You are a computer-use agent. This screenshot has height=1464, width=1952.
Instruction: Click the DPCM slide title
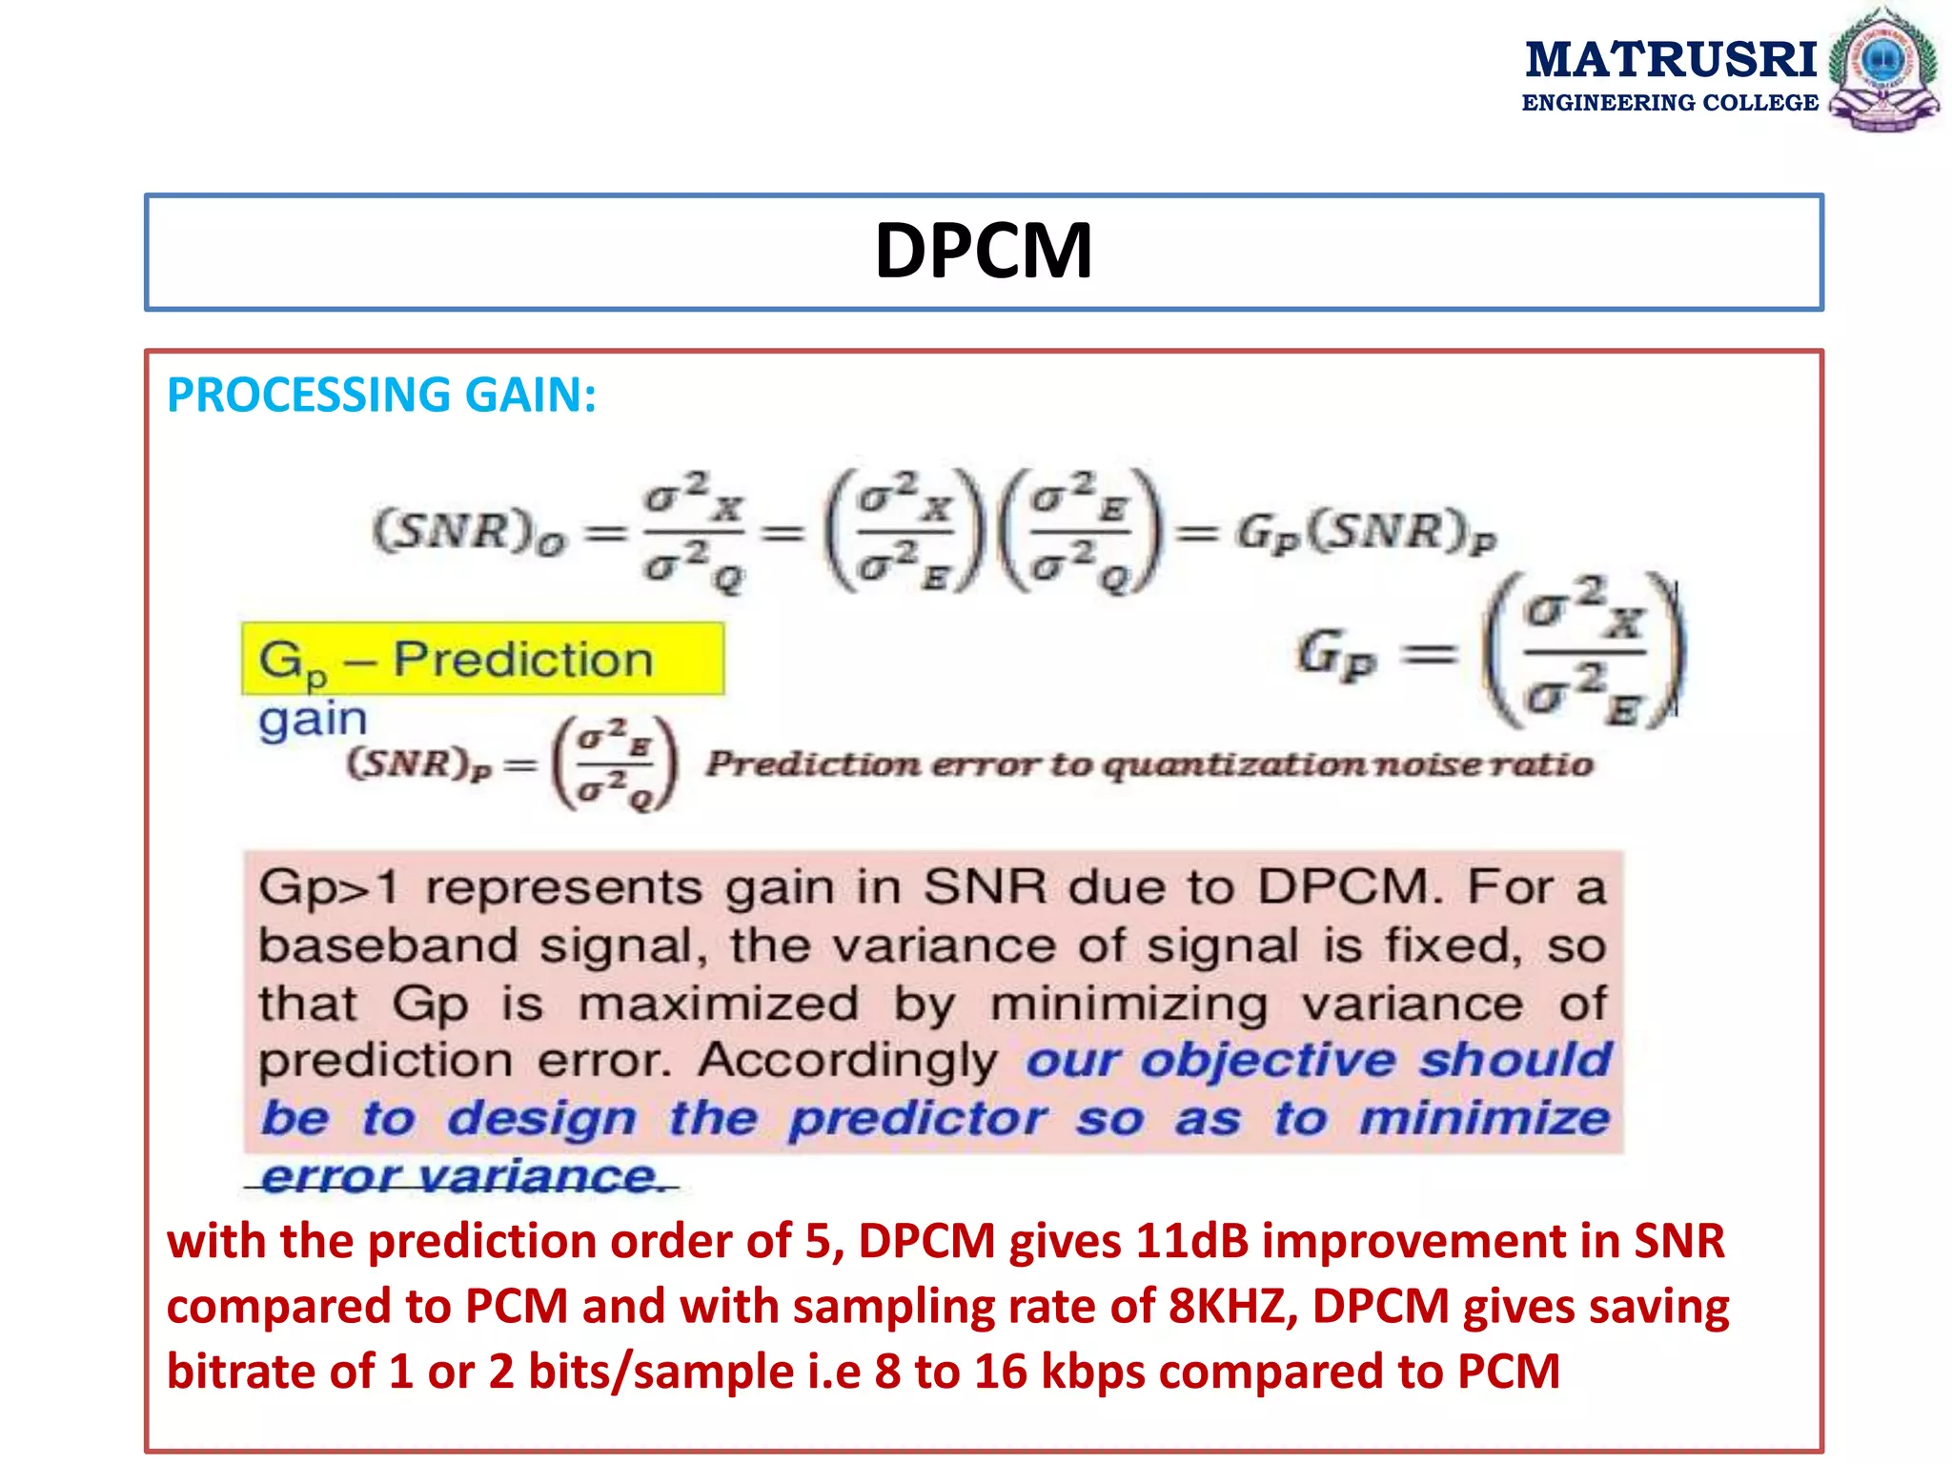click(x=984, y=252)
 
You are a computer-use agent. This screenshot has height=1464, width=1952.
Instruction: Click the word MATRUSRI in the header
click(x=1671, y=59)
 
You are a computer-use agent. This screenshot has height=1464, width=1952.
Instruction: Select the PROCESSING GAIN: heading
click(x=381, y=395)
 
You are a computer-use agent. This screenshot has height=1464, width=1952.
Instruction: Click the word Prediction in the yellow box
click(x=523, y=660)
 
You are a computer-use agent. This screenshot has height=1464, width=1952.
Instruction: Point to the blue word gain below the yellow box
click(x=313, y=719)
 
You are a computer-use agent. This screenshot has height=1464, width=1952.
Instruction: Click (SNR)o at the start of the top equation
click(x=469, y=532)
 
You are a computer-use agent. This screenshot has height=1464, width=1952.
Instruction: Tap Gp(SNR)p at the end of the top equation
click(x=1367, y=532)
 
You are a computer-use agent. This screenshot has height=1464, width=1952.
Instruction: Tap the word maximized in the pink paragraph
click(x=719, y=1005)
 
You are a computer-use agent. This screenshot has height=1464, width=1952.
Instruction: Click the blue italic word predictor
click(x=918, y=1119)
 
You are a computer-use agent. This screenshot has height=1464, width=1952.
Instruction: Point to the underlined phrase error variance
click(x=461, y=1177)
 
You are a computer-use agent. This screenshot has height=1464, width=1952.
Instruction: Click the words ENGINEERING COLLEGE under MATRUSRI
click(x=1670, y=103)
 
